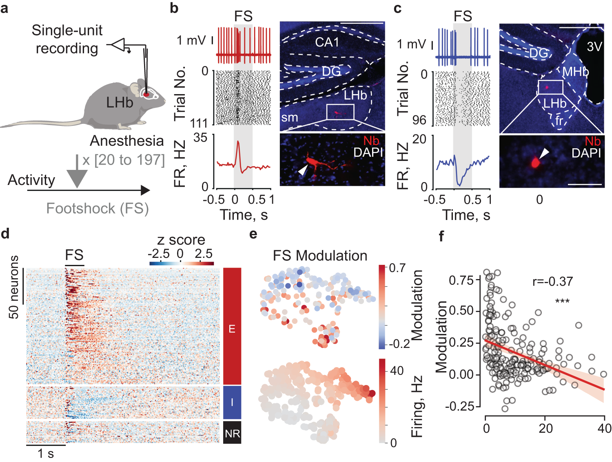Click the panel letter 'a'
pyautogui.click(x=4, y=8)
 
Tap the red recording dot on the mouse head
pyautogui.click(x=146, y=94)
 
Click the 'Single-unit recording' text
pyautogui.click(x=67, y=39)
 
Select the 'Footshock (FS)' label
pyautogui.click(x=98, y=209)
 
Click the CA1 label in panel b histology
pyautogui.click(x=327, y=42)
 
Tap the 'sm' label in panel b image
pyautogui.click(x=289, y=117)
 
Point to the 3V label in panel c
pyautogui.click(x=594, y=47)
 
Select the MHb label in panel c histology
pyautogui.click(x=575, y=72)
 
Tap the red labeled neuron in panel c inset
pyautogui.click(x=535, y=162)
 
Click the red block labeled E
pyautogui.click(x=232, y=326)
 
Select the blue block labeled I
pyautogui.click(x=232, y=403)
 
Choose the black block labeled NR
pyautogui.click(x=232, y=433)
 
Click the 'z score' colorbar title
pyautogui.click(x=181, y=240)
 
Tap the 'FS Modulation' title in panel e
pyautogui.click(x=320, y=256)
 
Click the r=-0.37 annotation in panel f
pyautogui.click(x=552, y=281)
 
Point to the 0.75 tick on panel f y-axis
pyautogui.click(x=461, y=280)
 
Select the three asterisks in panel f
pyautogui.click(x=562, y=302)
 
